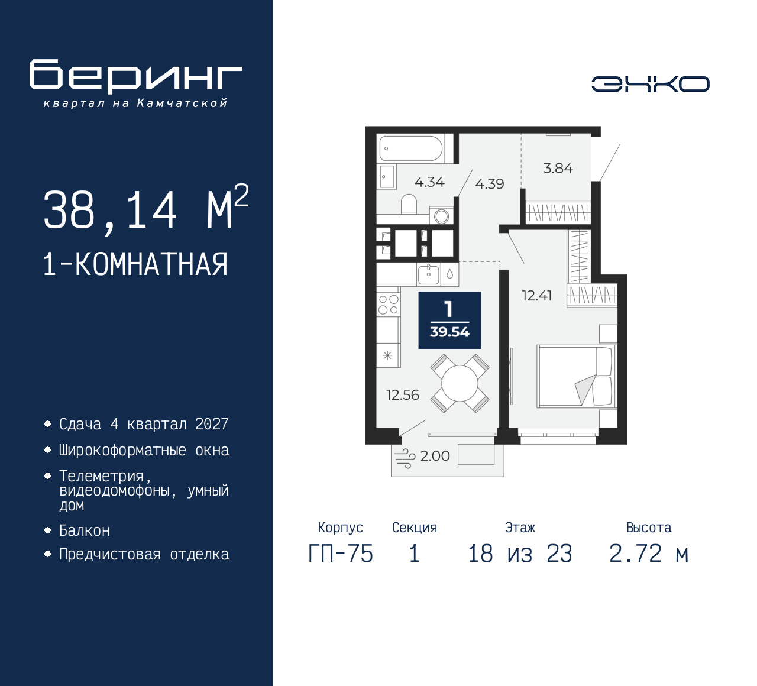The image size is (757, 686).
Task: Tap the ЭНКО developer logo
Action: pos(650,84)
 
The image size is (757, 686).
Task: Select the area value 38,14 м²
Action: pos(145,209)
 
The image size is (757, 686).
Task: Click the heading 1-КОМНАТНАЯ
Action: pos(135,264)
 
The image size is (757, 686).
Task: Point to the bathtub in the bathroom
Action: pos(410,149)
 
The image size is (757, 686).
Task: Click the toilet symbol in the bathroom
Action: pos(409,204)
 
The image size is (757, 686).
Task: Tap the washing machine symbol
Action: pos(441,216)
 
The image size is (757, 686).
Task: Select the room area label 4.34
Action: pos(429,182)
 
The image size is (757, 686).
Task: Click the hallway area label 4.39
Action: pos(490,184)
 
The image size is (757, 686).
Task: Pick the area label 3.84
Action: pos(558,169)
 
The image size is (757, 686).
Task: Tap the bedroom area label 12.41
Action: pos(536,296)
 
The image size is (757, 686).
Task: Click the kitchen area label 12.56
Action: pos(403,395)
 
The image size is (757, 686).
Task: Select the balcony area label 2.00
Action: pos(435,456)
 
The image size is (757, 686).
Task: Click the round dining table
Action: pos(460,384)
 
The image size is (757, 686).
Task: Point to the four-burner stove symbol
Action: pos(389,305)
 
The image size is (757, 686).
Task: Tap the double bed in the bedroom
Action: pos(575,377)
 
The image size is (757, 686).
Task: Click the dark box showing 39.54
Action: pos(449,320)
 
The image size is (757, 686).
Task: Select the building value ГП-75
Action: pos(341,554)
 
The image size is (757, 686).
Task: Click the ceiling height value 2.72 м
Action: pos(649,554)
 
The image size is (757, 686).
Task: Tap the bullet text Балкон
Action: pos(85,530)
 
